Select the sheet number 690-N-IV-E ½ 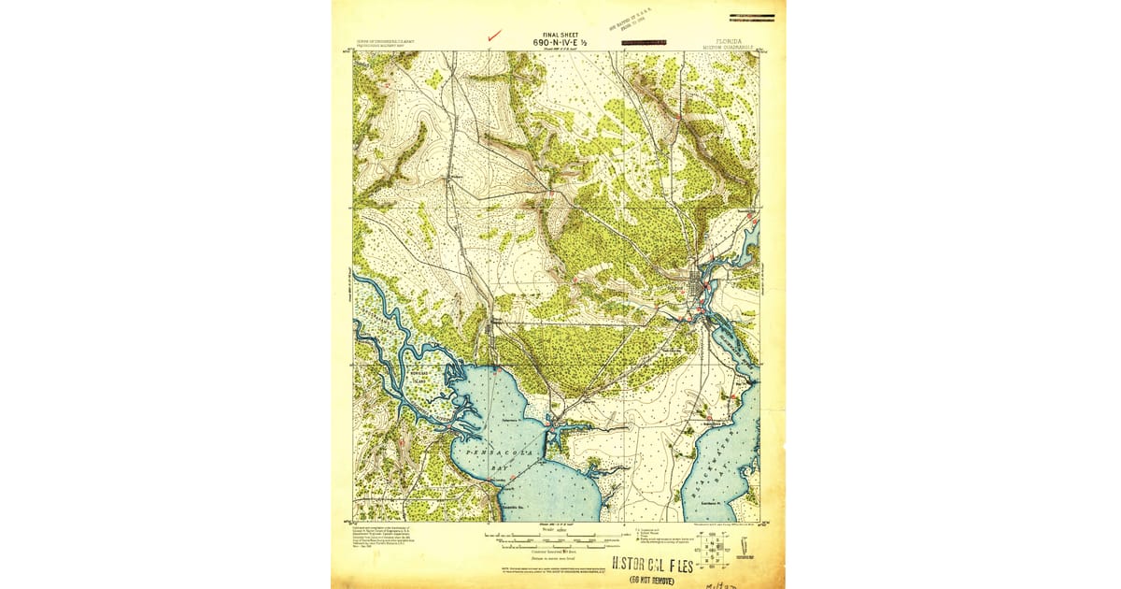[x=557, y=42]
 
